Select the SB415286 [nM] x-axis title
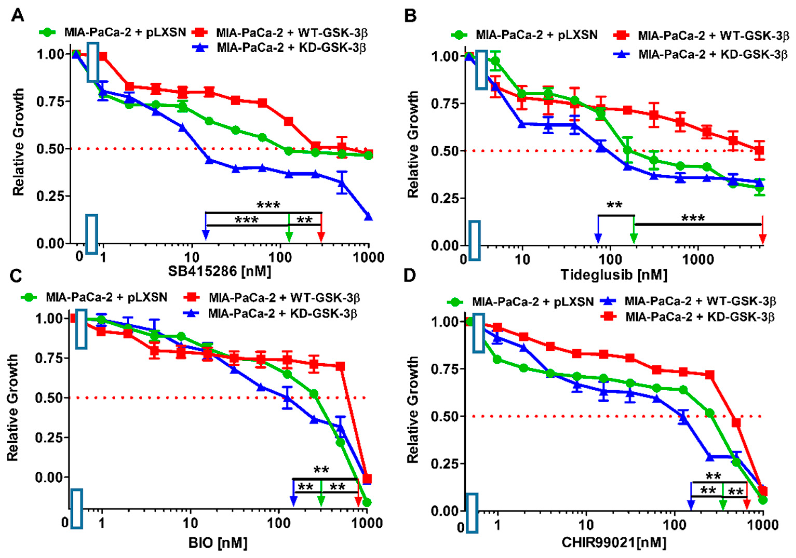point(219,271)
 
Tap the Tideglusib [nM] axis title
point(614,275)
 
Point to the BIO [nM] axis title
point(218,542)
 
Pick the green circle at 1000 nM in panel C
point(367,502)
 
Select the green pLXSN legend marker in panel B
point(459,35)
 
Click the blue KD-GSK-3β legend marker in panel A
point(200,47)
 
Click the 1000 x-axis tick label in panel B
point(697,259)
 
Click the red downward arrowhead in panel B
point(762,239)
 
